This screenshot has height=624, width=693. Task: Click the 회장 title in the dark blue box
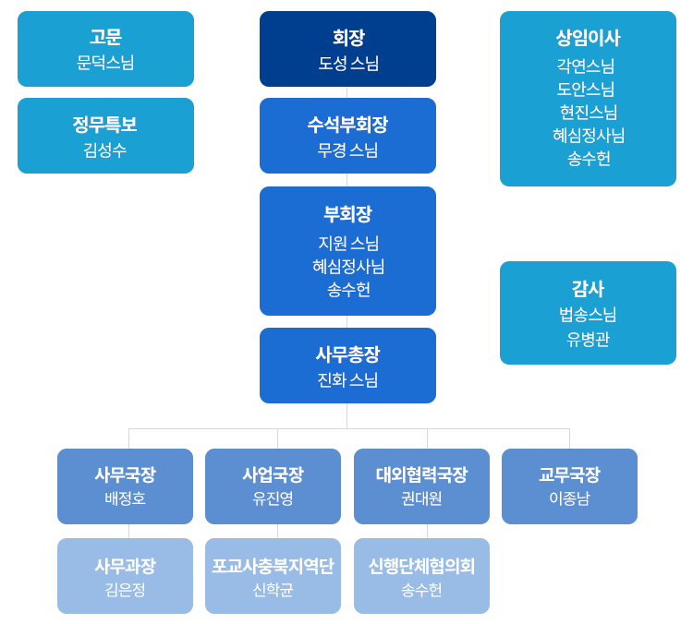coord(347,38)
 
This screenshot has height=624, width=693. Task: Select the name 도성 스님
coord(347,63)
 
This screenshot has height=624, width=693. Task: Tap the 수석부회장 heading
coord(347,125)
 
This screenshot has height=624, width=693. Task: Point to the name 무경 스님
coord(347,150)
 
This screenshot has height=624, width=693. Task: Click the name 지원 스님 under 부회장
coord(347,243)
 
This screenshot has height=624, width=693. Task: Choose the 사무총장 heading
coord(347,354)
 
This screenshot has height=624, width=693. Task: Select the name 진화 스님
coord(347,379)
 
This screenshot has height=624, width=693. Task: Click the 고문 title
coord(105,38)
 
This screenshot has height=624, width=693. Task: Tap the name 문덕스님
coord(105,63)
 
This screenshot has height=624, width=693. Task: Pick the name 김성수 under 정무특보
coord(105,150)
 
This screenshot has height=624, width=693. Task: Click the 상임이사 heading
coord(588,38)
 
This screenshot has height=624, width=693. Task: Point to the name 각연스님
coord(588,66)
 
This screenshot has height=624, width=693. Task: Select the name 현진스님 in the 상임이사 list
coord(588,112)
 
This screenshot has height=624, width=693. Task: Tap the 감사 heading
coord(588,289)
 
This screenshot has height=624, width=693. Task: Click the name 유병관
coord(588,339)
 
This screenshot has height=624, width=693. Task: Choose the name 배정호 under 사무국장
coord(125,498)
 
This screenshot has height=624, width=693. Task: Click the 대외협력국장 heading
coord(421,474)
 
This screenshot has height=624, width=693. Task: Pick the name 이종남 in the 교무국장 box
coord(569,498)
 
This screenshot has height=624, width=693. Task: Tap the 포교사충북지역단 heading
coord(273,565)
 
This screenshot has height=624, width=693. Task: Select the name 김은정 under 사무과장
coord(125,589)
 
